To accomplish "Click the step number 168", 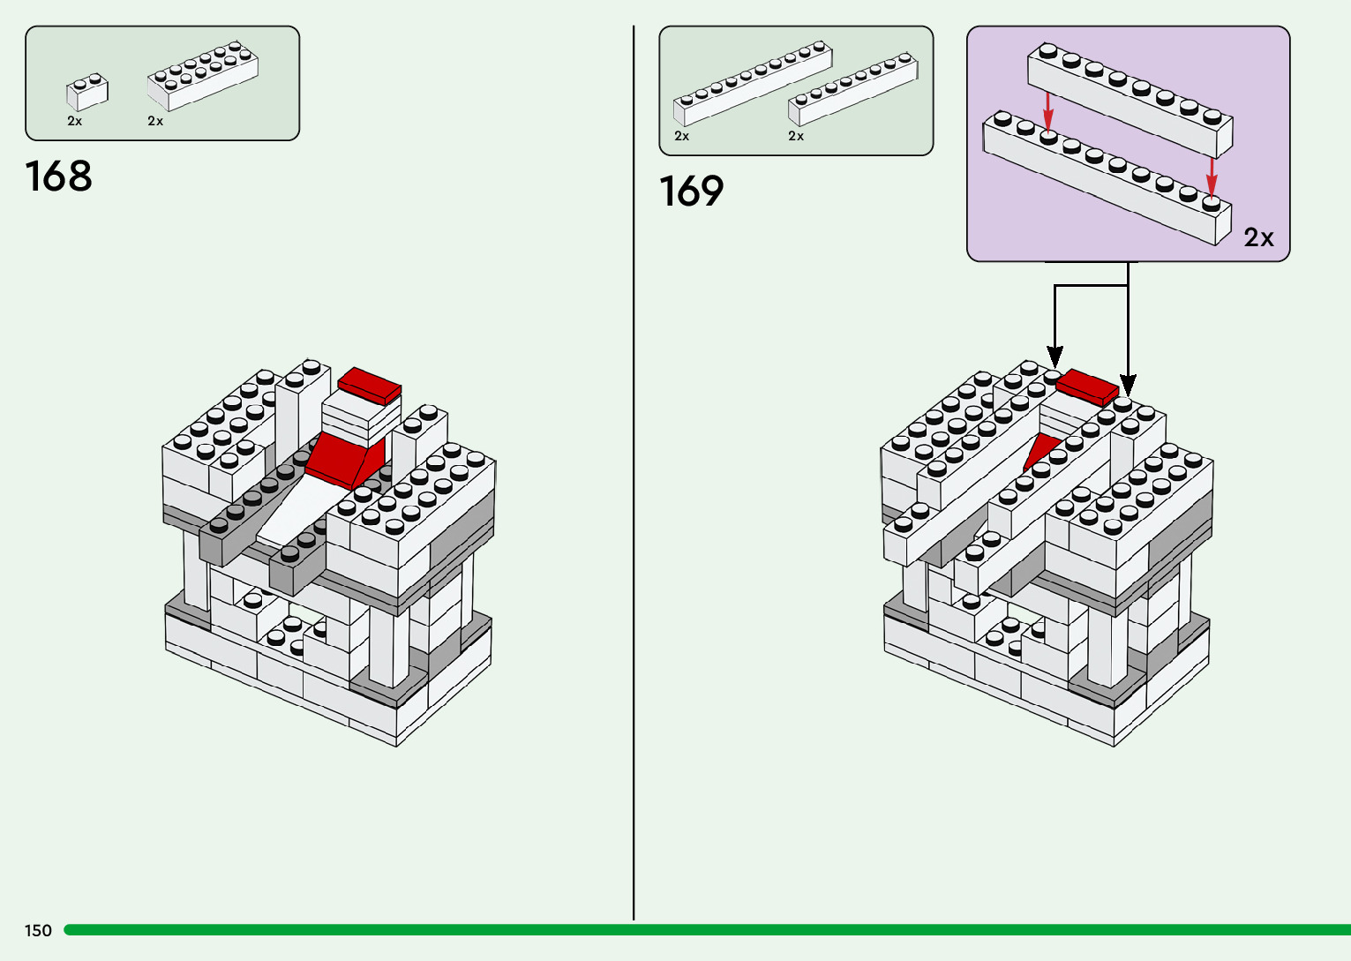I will (x=59, y=176).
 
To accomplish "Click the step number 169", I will (x=692, y=191).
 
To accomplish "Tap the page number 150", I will (x=38, y=930).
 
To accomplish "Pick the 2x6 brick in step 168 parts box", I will (x=203, y=76).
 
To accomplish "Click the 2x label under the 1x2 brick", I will (x=75, y=121).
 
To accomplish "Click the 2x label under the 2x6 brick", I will (x=155, y=121).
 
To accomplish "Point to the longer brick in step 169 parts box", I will (x=752, y=84).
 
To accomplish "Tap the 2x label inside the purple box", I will (x=1258, y=237).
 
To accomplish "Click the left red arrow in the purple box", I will (x=1048, y=110).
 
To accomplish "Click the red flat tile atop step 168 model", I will (x=370, y=387).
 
